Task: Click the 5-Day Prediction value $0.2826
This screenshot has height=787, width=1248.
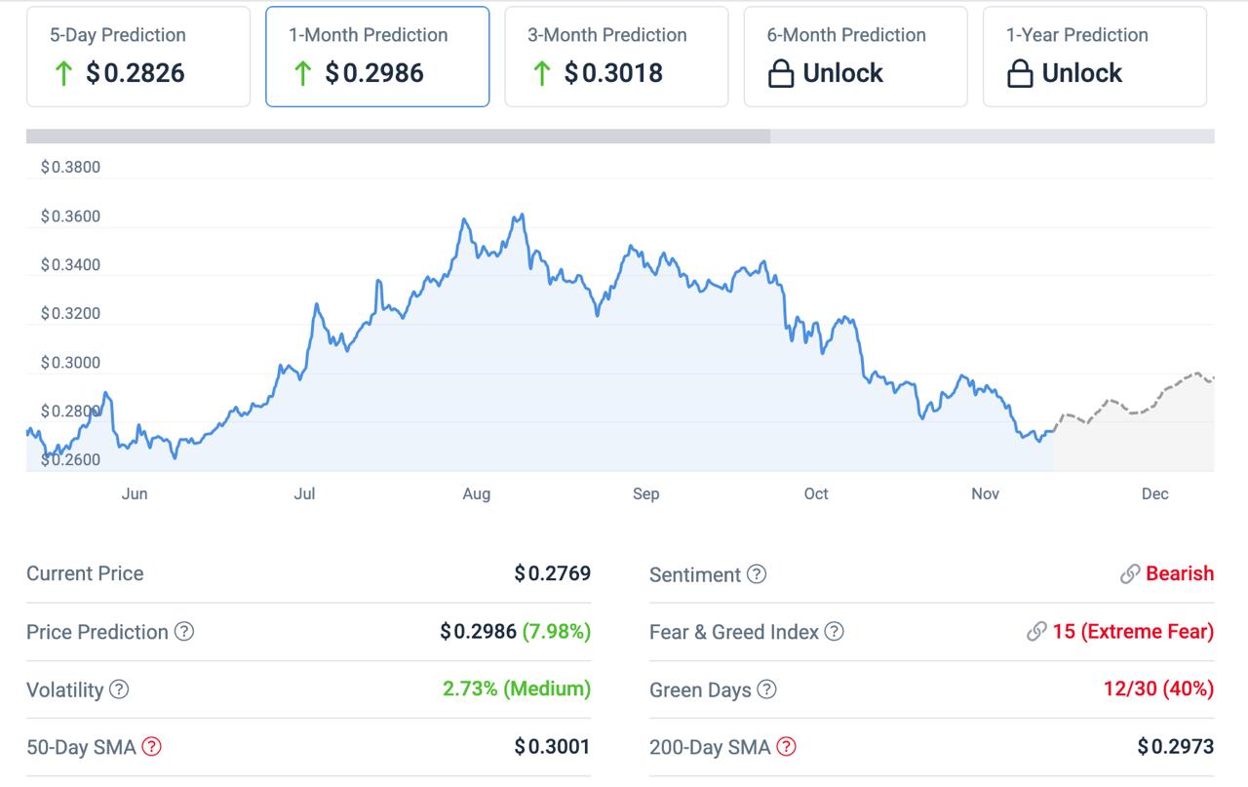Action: coord(135,73)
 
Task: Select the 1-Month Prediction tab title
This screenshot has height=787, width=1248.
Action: coord(368,35)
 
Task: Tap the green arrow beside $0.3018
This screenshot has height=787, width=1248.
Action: coord(542,73)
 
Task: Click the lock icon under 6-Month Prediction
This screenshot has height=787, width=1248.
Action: coord(781,74)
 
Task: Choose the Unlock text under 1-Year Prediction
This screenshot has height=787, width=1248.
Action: coord(1081,73)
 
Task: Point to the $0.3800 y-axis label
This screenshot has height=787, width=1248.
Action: coord(70,168)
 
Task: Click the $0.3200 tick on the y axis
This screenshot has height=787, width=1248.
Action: coord(70,314)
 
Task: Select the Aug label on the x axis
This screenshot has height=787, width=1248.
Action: coord(476,494)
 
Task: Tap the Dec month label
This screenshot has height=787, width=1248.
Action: coord(1154,494)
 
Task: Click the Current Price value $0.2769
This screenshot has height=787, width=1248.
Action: coord(552,573)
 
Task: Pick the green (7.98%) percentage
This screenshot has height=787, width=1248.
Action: coord(556,631)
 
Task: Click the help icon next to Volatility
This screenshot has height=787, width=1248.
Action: coord(119,689)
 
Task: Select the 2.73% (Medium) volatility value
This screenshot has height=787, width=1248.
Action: coord(516,689)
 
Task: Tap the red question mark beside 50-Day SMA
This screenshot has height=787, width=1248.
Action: coord(151,747)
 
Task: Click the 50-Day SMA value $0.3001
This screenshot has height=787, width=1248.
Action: coord(552,747)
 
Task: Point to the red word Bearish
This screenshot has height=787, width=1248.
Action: coord(1180,573)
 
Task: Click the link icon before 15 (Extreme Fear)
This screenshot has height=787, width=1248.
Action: coord(1036,632)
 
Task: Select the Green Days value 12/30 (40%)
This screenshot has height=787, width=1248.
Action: coord(1158,689)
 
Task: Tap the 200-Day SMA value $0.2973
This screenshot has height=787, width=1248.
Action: coord(1175,747)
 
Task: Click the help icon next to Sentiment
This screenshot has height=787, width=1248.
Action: coord(757,574)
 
